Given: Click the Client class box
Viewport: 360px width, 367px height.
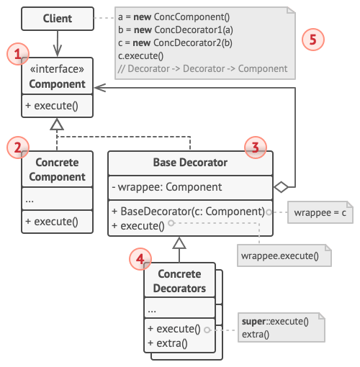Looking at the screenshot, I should point(57,19).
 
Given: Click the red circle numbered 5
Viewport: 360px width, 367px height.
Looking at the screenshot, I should point(312,40).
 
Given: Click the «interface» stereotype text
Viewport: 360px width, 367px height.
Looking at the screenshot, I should point(57,71).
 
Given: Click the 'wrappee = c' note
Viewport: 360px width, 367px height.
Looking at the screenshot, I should point(320,213).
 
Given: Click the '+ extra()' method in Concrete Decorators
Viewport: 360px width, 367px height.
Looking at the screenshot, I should point(167,343).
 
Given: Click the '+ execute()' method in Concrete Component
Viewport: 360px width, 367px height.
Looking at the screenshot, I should point(52,222).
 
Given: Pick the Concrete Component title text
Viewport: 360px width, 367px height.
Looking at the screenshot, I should point(57,170).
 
